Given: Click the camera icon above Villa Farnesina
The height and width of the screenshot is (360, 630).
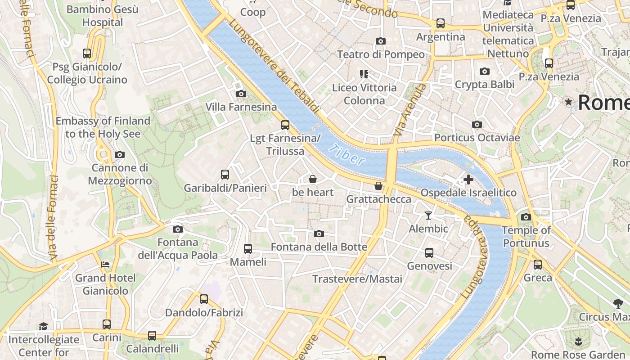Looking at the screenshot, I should tap(241, 94).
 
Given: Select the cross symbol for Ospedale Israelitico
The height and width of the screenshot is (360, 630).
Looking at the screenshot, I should tap(468, 180).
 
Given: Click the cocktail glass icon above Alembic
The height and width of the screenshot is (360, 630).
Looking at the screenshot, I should tap(428, 216).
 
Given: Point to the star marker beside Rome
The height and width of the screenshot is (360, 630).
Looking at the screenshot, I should tap(569, 102).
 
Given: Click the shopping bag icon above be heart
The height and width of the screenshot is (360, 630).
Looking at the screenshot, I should tap(313, 179).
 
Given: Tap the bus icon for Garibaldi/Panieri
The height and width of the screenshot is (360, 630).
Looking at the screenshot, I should tap(225, 175).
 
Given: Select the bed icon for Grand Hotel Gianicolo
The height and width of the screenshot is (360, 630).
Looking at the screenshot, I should tap(105, 265).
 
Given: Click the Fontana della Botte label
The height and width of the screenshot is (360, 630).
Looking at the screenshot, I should tap(319, 247).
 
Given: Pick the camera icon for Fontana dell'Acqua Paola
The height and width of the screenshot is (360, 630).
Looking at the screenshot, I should tap(178, 229).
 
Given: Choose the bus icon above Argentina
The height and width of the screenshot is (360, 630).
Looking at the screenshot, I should tap(441, 23).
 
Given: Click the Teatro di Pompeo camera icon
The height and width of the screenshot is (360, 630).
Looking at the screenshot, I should tap(381, 41).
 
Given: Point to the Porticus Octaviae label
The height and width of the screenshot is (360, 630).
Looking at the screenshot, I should tap(477, 138).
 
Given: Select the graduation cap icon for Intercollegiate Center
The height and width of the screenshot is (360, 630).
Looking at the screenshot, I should tap(43, 326).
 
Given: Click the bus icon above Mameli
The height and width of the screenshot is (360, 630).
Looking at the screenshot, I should tap(247, 248).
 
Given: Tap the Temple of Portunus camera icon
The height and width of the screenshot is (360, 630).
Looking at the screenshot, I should tap(526, 217).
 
